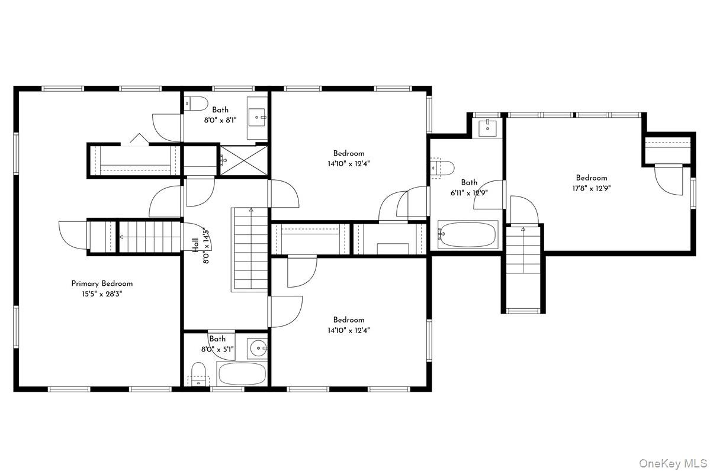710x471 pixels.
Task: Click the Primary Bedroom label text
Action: (102, 283)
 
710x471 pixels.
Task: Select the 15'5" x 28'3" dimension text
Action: (102, 293)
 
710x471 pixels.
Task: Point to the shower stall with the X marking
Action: (243, 160)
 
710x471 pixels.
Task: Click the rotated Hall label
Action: (195, 245)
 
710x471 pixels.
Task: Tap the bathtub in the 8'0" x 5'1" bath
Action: (242, 374)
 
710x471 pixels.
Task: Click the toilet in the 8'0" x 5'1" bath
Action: (198, 375)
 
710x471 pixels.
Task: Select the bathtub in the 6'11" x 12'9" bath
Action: (467, 235)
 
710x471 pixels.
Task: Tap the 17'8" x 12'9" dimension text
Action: (591, 188)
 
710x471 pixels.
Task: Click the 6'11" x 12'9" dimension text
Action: (468, 192)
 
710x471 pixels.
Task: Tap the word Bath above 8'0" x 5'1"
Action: (217, 339)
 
